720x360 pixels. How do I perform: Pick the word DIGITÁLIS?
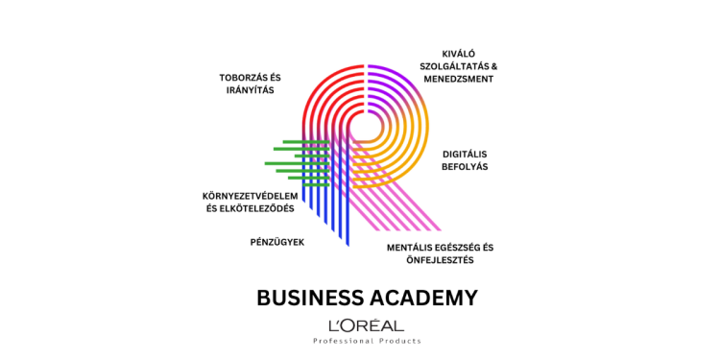pyautogui.click(x=465, y=154)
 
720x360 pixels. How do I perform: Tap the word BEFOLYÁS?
pyautogui.click(x=465, y=167)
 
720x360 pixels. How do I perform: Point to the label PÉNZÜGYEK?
pyautogui.click(x=276, y=242)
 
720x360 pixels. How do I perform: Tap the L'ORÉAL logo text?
pyautogui.click(x=366, y=325)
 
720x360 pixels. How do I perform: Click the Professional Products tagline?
pyautogui.click(x=367, y=341)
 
